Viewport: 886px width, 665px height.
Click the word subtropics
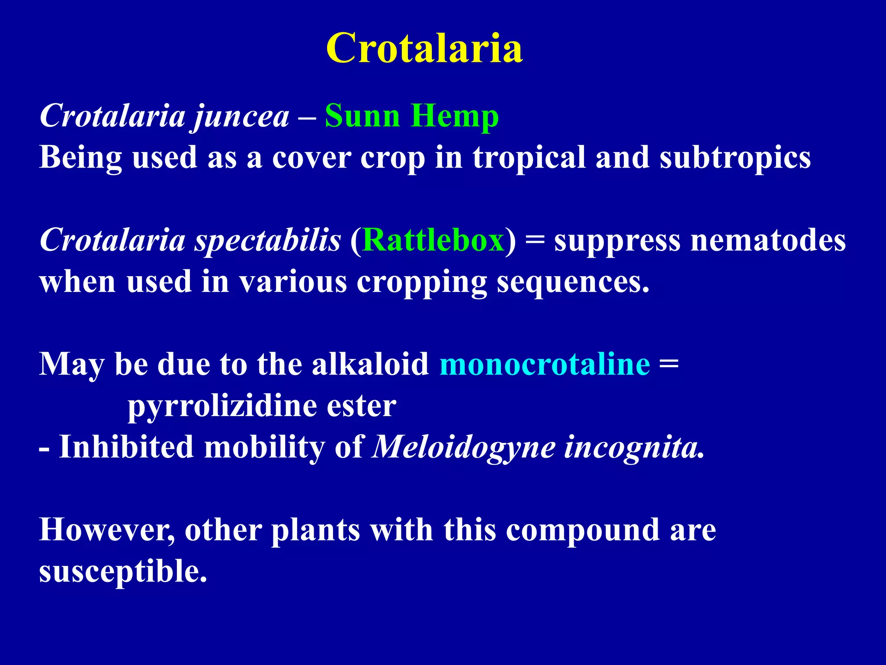tap(735, 157)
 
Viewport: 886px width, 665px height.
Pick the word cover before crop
tap(311, 157)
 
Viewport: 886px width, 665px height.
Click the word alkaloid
tap(370, 364)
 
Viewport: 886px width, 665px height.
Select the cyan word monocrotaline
tap(545, 364)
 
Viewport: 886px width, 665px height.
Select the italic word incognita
tap(633, 447)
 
